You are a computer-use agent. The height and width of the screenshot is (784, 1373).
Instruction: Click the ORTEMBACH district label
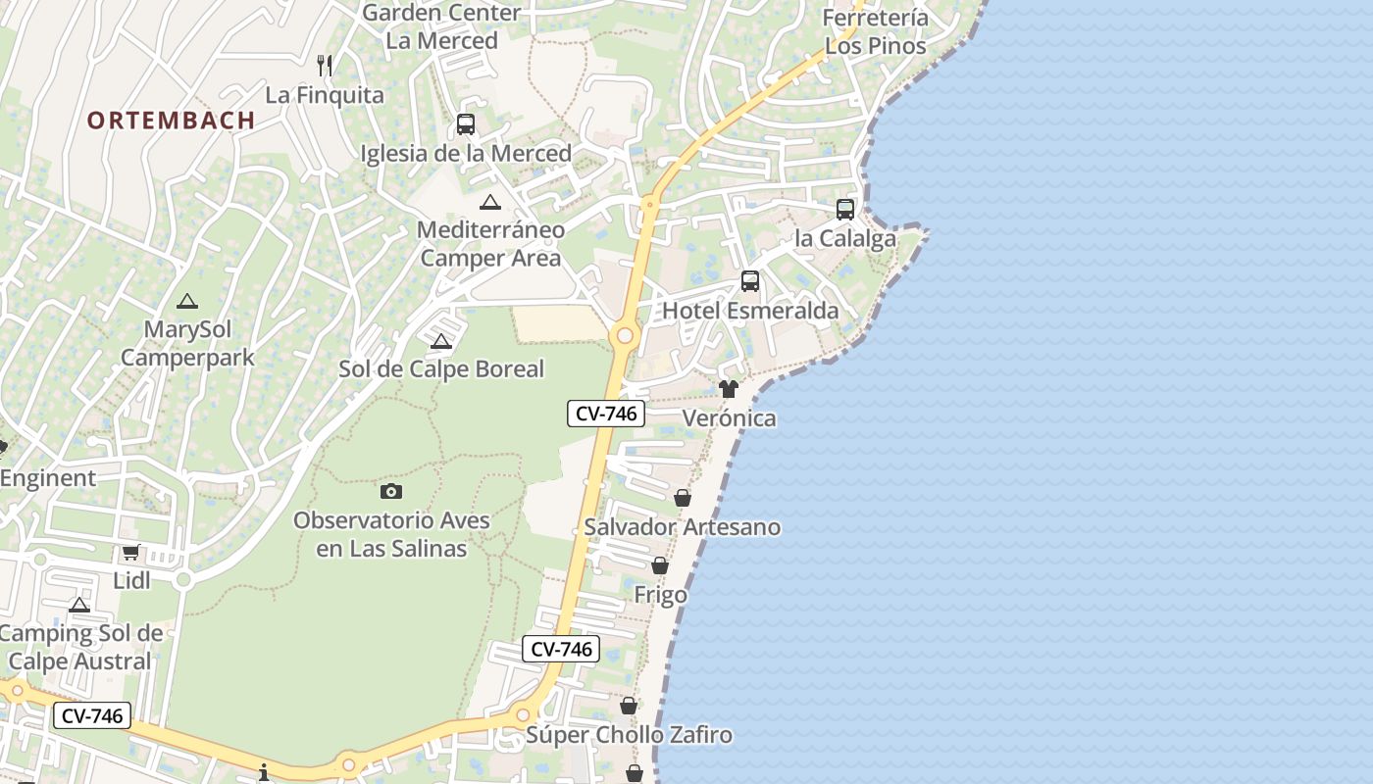[x=171, y=121]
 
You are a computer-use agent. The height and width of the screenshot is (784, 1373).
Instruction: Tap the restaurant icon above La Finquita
[x=325, y=66]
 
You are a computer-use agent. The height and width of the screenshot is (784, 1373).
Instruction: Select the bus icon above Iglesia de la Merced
[x=466, y=124]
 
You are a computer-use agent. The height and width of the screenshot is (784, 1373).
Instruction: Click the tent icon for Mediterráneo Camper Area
[x=490, y=203]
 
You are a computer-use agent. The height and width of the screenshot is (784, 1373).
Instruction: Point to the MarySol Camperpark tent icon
[x=186, y=302]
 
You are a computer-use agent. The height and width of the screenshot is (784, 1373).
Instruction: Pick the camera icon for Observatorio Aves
[x=391, y=491]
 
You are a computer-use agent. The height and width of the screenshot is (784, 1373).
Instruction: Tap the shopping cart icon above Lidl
[x=131, y=553]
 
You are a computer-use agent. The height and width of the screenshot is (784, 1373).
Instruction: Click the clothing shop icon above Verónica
[x=728, y=389]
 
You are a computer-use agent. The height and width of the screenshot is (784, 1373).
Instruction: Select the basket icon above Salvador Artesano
[x=683, y=498]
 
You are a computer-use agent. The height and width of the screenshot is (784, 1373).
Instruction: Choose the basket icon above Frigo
[x=660, y=565]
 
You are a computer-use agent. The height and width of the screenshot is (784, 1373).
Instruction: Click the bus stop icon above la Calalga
[x=844, y=209]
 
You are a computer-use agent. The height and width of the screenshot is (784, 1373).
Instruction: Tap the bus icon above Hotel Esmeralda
[x=750, y=281]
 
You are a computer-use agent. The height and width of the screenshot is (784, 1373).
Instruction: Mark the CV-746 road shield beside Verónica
[x=606, y=414]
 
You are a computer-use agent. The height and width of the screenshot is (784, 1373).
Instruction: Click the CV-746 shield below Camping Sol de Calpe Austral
[x=91, y=716]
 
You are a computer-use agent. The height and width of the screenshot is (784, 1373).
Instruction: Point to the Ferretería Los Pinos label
[x=875, y=32]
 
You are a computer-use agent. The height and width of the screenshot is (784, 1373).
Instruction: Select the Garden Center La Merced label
[x=441, y=26]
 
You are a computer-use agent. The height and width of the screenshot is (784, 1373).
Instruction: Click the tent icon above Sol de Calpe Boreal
[x=441, y=341]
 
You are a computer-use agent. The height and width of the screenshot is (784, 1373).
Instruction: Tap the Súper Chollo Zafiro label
[x=629, y=735]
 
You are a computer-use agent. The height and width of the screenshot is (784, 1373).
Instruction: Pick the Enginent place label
[x=48, y=478]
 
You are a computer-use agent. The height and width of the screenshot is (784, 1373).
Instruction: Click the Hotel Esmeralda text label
[x=750, y=311]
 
